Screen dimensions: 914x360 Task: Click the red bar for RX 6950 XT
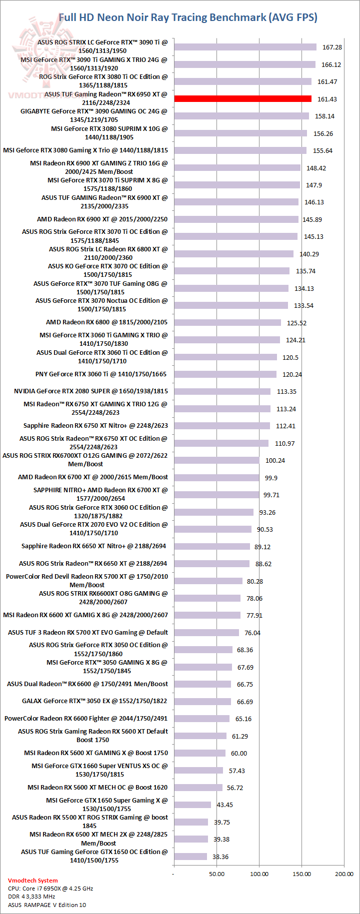click(x=242, y=99)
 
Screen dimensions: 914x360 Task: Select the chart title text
click(x=188, y=17)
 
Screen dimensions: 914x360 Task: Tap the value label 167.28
click(x=332, y=47)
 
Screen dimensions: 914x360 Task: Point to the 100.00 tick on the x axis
click(x=259, y=874)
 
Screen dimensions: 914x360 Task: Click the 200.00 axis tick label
click(x=344, y=874)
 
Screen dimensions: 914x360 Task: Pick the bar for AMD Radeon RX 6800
click(x=227, y=323)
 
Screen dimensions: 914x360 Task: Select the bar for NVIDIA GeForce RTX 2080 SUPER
click(x=222, y=392)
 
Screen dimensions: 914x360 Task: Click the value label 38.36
click(x=220, y=857)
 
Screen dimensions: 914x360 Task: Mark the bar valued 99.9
click(x=216, y=478)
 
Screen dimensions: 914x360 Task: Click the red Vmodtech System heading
click(x=32, y=881)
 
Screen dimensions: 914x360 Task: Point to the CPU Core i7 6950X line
click(x=50, y=889)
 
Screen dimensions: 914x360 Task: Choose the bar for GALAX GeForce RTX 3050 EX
click(x=202, y=702)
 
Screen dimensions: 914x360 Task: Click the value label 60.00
click(x=239, y=754)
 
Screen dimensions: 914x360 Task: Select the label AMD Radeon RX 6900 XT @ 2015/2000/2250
click(x=102, y=219)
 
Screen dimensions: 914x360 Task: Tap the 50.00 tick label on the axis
click(x=216, y=874)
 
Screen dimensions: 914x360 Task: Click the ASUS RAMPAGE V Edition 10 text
click(x=47, y=905)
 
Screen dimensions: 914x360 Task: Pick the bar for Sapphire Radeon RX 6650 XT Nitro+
click(x=212, y=547)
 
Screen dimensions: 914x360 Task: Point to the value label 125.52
click(x=297, y=323)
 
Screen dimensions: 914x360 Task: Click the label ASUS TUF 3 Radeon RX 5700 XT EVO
click(x=88, y=633)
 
